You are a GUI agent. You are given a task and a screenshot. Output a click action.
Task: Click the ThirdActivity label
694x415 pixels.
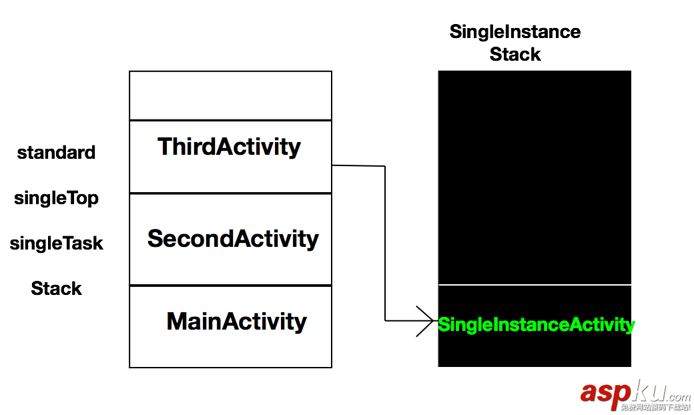(x=229, y=147)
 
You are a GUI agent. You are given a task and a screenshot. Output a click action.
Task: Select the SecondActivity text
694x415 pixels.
(x=233, y=239)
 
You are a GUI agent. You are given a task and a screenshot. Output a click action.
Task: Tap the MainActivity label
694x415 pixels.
(x=236, y=322)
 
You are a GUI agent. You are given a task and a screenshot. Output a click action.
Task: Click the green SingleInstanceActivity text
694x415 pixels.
(x=536, y=325)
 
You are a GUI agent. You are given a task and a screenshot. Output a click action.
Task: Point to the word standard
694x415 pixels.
(x=56, y=153)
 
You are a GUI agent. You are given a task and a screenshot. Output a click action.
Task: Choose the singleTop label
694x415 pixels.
(x=56, y=198)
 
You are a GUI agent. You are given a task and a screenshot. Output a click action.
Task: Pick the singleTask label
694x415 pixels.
(x=56, y=244)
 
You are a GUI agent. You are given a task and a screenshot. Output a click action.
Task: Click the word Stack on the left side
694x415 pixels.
(x=56, y=289)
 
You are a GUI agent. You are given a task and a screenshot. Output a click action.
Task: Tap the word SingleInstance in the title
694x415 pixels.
(x=514, y=32)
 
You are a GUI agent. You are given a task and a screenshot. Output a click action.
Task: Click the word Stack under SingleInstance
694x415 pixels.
(x=514, y=55)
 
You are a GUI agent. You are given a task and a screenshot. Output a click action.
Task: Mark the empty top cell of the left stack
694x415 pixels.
(x=230, y=95)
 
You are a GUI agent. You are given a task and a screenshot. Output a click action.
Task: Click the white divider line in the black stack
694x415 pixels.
(x=534, y=285)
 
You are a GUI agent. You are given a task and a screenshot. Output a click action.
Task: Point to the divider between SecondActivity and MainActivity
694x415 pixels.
(x=230, y=286)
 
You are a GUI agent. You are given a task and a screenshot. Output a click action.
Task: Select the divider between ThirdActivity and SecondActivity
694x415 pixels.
(x=230, y=193)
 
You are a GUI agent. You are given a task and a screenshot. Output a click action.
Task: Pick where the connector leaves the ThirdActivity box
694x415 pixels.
(x=333, y=165)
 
